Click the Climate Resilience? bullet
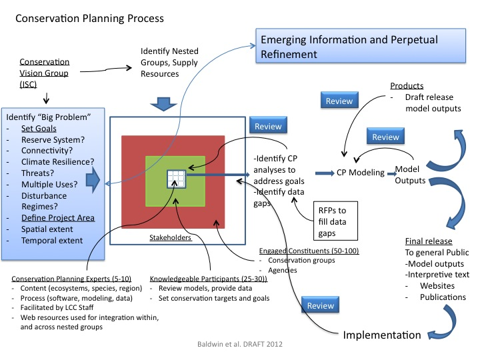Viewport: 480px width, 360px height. pos(57,161)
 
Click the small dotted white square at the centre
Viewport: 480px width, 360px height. pos(176,179)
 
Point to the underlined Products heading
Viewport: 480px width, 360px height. pos(407,86)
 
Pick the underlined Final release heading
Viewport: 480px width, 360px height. pos(429,241)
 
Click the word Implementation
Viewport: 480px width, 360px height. pos(381,335)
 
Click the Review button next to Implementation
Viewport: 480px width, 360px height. pos(321,305)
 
